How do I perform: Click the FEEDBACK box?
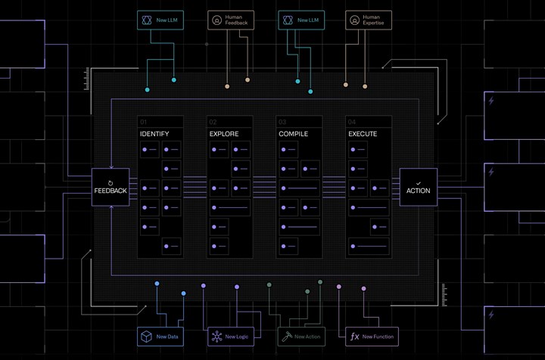(x=111, y=187)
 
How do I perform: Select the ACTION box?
(x=419, y=187)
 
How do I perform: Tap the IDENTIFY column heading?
(x=154, y=134)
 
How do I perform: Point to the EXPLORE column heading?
(x=224, y=134)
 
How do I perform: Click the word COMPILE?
(x=294, y=134)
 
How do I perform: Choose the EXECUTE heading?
(x=363, y=134)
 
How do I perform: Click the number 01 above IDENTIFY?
(x=144, y=123)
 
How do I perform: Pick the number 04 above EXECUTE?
(x=352, y=123)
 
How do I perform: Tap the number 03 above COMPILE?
(x=282, y=123)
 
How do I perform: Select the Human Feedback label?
(x=236, y=20)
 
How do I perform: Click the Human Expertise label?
(x=373, y=20)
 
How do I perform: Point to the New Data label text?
(x=167, y=337)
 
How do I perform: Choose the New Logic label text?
(x=237, y=337)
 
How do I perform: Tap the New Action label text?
(x=307, y=337)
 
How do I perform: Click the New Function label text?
(x=378, y=337)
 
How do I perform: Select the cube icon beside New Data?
(x=146, y=337)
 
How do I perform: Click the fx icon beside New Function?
(x=354, y=337)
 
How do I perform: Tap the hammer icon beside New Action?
(x=287, y=337)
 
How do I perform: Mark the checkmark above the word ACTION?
(x=419, y=183)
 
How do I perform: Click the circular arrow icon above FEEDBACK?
(x=111, y=183)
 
